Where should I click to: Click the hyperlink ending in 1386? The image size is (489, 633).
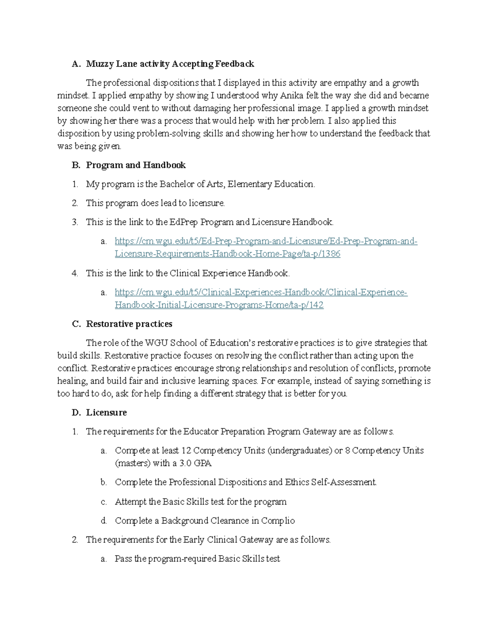tap(227, 254)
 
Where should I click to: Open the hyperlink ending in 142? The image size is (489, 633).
tap(219, 305)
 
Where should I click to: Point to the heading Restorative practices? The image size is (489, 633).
tap(129, 324)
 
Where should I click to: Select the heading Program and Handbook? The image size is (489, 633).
tap(136, 165)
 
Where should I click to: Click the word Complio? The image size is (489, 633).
tap(278, 521)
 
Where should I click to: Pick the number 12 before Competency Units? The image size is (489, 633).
tap(186, 451)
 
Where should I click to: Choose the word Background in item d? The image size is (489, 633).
tap(185, 521)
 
